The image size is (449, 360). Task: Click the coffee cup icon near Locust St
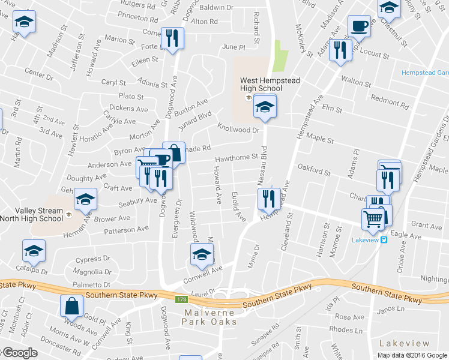click(359, 27)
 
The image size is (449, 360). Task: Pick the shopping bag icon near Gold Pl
click(71, 305)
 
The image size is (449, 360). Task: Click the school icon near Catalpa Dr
click(34, 252)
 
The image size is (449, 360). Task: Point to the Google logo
click(19, 353)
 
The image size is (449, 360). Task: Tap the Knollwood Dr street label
click(238, 129)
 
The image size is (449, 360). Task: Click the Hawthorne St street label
click(237, 157)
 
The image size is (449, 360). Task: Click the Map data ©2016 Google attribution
click(412, 355)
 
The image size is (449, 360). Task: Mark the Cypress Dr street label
click(94, 260)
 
